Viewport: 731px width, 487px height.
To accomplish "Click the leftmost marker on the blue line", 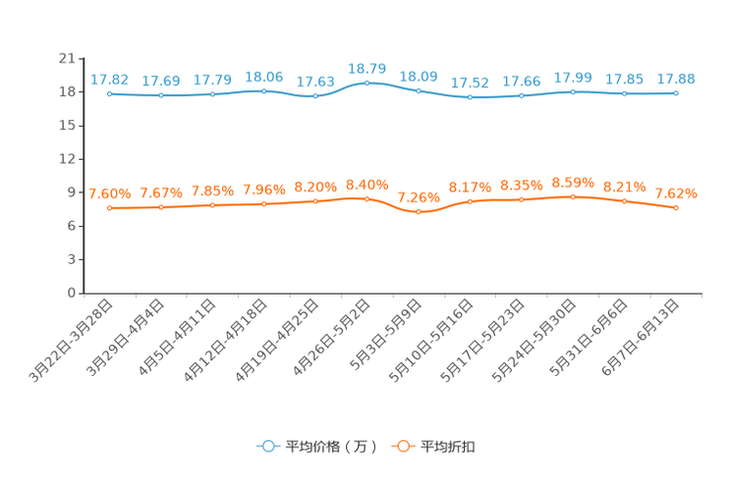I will pos(110,94).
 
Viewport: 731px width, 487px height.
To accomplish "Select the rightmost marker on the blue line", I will pos(676,93).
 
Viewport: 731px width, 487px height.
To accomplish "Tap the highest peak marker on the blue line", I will pos(366,82).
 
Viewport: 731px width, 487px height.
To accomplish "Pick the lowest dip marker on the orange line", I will pos(419,211).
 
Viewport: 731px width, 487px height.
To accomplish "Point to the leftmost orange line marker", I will pos(110,208).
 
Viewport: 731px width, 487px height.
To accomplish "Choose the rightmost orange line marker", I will pos(676,207).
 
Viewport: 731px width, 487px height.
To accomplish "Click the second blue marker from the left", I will pos(161,95).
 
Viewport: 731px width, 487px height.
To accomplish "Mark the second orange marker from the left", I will pos(161,207).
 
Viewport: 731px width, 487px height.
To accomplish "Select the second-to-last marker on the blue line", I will pos(624,93).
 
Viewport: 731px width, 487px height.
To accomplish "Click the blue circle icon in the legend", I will pos(266,446).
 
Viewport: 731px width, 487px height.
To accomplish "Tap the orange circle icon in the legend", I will pos(402,446).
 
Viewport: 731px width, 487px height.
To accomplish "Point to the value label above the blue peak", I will pos(368,68).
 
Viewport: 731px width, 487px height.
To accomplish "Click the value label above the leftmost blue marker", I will pos(109,80).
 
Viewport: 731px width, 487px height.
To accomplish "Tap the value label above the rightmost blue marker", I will pos(676,79).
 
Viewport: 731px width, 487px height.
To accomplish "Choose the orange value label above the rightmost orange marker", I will pos(676,192).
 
